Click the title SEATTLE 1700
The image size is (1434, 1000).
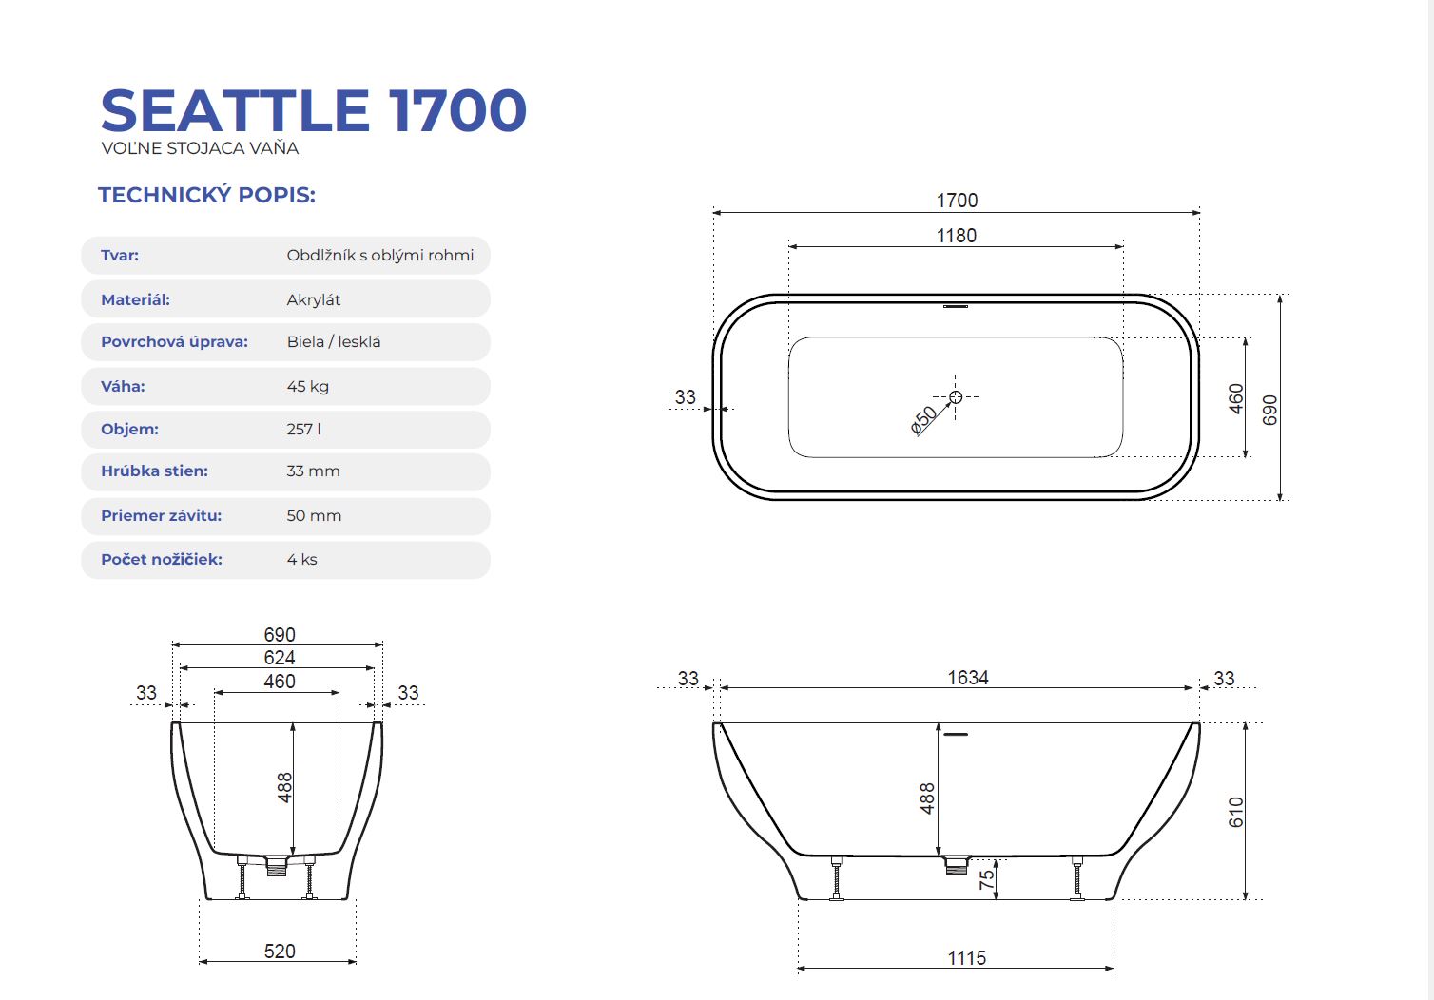point(314,110)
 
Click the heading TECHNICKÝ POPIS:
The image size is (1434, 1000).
point(206,195)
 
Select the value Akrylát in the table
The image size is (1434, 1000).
point(314,299)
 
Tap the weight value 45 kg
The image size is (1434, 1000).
point(308,387)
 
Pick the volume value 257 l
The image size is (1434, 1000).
point(304,429)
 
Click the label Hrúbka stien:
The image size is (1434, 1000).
point(154,471)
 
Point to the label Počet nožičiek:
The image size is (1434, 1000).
point(162,559)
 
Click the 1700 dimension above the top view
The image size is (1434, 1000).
point(957,201)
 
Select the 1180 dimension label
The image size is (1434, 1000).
point(957,236)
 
